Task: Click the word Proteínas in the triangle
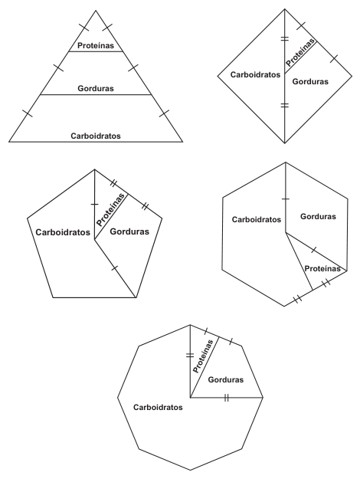(x=96, y=45)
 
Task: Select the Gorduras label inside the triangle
(x=96, y=88)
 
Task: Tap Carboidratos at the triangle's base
(x=96, y=136)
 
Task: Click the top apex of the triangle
(x=96, y=11)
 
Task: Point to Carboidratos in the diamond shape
(x=255, y=74)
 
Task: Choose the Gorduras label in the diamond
(x=310, y=81)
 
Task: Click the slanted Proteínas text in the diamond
(x=300, y=53)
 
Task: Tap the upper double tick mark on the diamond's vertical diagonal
(x=285, y=39)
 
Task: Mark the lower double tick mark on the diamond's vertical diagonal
(x=285, y=106)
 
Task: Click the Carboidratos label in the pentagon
(x=63, y=232)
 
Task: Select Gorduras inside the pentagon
(x=129, y=231)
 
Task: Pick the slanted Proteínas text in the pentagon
(x=110, y=210)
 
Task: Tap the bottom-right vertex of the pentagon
(x=136, y=297)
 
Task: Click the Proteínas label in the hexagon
(x=322, y=268)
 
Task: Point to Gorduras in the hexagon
(x=318, y=216)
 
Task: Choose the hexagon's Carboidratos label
(x=257, y=219)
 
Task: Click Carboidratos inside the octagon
(x=158, y=407)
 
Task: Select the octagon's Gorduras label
(x=226, y=379)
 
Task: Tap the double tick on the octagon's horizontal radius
(x=226, y=398)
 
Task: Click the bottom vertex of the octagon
(x=190, y=470)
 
